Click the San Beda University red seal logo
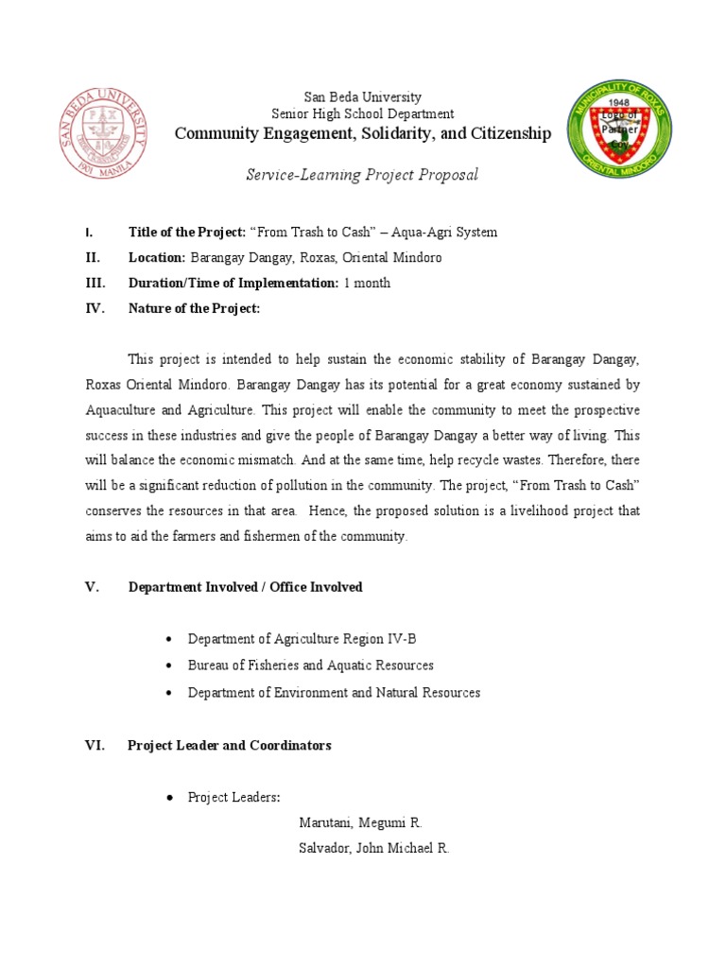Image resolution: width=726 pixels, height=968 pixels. click(x=105, y=131)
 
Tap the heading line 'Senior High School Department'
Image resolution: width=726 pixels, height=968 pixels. click(x=362, y=114)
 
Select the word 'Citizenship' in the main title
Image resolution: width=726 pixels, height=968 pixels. click(x=511, y=134)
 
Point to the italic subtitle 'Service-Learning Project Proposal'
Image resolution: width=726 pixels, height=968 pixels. click(x=362, y=175)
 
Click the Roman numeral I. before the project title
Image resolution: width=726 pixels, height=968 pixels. click(x=88, y=233)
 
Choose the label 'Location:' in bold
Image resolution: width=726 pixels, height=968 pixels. click(x=158, y=258)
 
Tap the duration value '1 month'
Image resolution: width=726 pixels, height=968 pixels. click(x=367, y=283)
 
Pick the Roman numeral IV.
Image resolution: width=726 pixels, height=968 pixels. click(x=95, y=308)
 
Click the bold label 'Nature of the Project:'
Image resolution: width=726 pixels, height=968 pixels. click(x=194, y=308)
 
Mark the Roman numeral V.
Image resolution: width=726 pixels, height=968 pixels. click(x=92, y=587)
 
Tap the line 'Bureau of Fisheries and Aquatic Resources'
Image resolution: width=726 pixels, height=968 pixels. click(x=311, y=666)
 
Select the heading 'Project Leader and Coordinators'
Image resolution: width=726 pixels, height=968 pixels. click(x=230, y=746)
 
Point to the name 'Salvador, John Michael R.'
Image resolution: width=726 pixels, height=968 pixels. click(x=373, y=849)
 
